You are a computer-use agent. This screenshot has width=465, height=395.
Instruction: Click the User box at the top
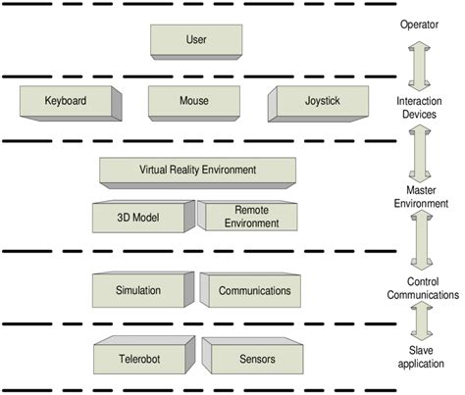(x=196, y=40)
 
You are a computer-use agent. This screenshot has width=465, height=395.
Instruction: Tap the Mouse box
(x=195, y=102)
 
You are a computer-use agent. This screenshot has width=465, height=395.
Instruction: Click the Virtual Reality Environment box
(x=197, y=170)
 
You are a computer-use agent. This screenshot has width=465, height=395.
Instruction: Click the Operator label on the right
(x=420, y=24)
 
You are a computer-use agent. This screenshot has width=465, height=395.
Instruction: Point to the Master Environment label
(x=420, y=197)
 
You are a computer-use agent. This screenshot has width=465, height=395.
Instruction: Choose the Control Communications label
(x=421, y=287)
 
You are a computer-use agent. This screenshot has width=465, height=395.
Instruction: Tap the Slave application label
(x=421, y=358)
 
